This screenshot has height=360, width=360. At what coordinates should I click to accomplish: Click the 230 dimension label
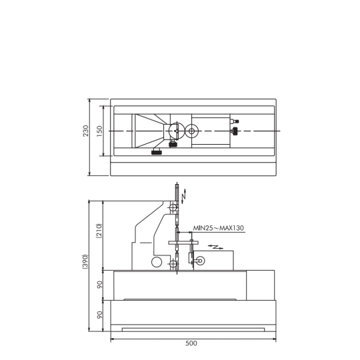[x=85, y=131]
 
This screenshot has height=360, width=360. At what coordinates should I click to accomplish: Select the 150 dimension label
[x=99, y=131]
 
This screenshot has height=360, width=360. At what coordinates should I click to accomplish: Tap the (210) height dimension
[x=99, y=231]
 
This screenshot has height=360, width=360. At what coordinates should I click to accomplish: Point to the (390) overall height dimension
[x=85, y=261]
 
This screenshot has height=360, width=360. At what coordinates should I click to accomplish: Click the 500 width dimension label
[x=191, y=343]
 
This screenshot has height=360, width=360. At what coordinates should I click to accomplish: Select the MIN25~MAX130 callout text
[x=219, y=228]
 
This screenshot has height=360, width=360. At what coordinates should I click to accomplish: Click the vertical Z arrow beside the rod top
[x=184, y=196]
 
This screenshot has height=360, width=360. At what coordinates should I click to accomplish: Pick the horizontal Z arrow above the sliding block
[x=215, y=247]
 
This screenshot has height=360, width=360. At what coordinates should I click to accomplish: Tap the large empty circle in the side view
[x=157, y=262]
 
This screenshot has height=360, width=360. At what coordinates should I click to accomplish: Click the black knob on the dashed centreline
[x=235, y=131]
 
